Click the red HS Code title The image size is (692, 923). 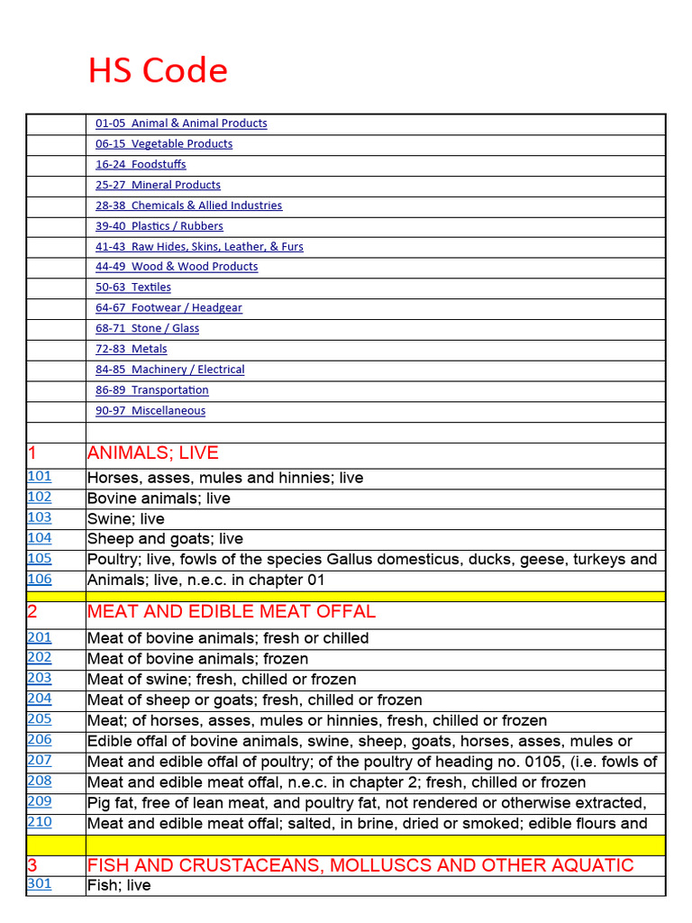(158, 70)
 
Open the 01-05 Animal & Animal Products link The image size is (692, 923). (181, 123)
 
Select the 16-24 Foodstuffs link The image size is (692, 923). (141, 165)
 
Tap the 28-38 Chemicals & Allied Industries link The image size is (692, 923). (188, 206)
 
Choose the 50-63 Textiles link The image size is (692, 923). (133, 288)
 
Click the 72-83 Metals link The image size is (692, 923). (132, 349)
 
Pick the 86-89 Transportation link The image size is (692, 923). (152, 390)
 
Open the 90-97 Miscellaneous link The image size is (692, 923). (150, 411)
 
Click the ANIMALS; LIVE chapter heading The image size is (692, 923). (152, 453)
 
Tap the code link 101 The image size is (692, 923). (40, 476)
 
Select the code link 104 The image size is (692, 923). (40, 538)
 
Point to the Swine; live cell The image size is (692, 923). (126, 519)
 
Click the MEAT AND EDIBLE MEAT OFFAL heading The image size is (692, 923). (231, 612)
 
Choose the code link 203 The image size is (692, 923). (40, 678)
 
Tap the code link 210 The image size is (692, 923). (40, 821)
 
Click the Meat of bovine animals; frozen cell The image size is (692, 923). (197, 659)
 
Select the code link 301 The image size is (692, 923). (40, 883)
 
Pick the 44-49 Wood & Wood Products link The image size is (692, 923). (177, 267)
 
